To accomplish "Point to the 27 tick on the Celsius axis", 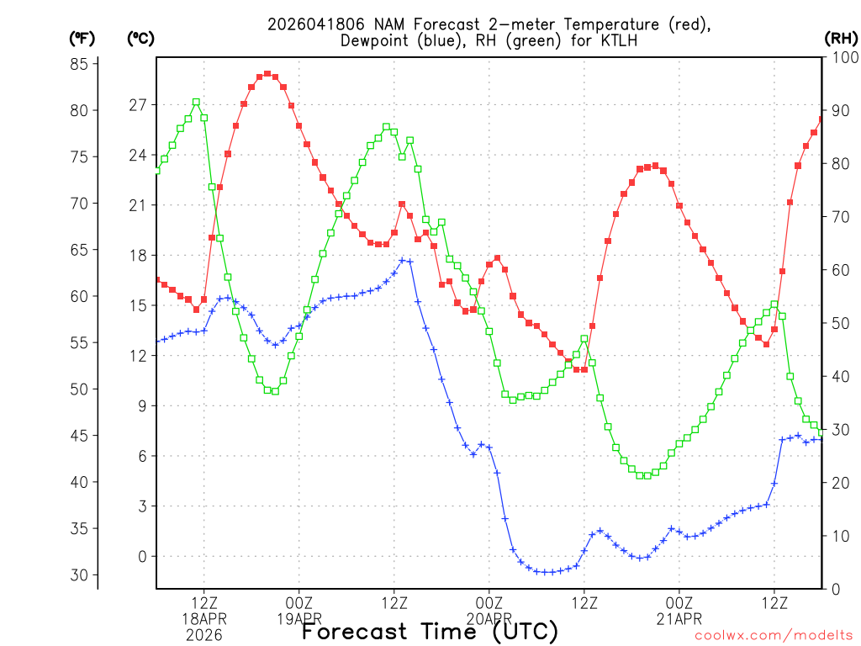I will pos(138,105).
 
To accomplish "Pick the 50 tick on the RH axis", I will pos(836,323).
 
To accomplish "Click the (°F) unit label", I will pos(83,39).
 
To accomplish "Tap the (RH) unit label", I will pos(838,39).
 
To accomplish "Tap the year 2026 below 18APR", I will pos(203,635).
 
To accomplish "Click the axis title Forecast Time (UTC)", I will pos(430,631).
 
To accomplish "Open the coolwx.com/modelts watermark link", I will pos(773,635).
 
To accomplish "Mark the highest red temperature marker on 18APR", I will pos(267,74).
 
